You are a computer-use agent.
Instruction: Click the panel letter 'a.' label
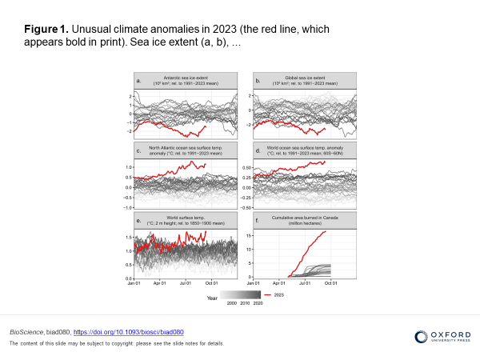(139, 81)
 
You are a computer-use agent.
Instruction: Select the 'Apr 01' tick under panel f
(278, 282)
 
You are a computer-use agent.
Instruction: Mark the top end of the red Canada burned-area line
(325, 232)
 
